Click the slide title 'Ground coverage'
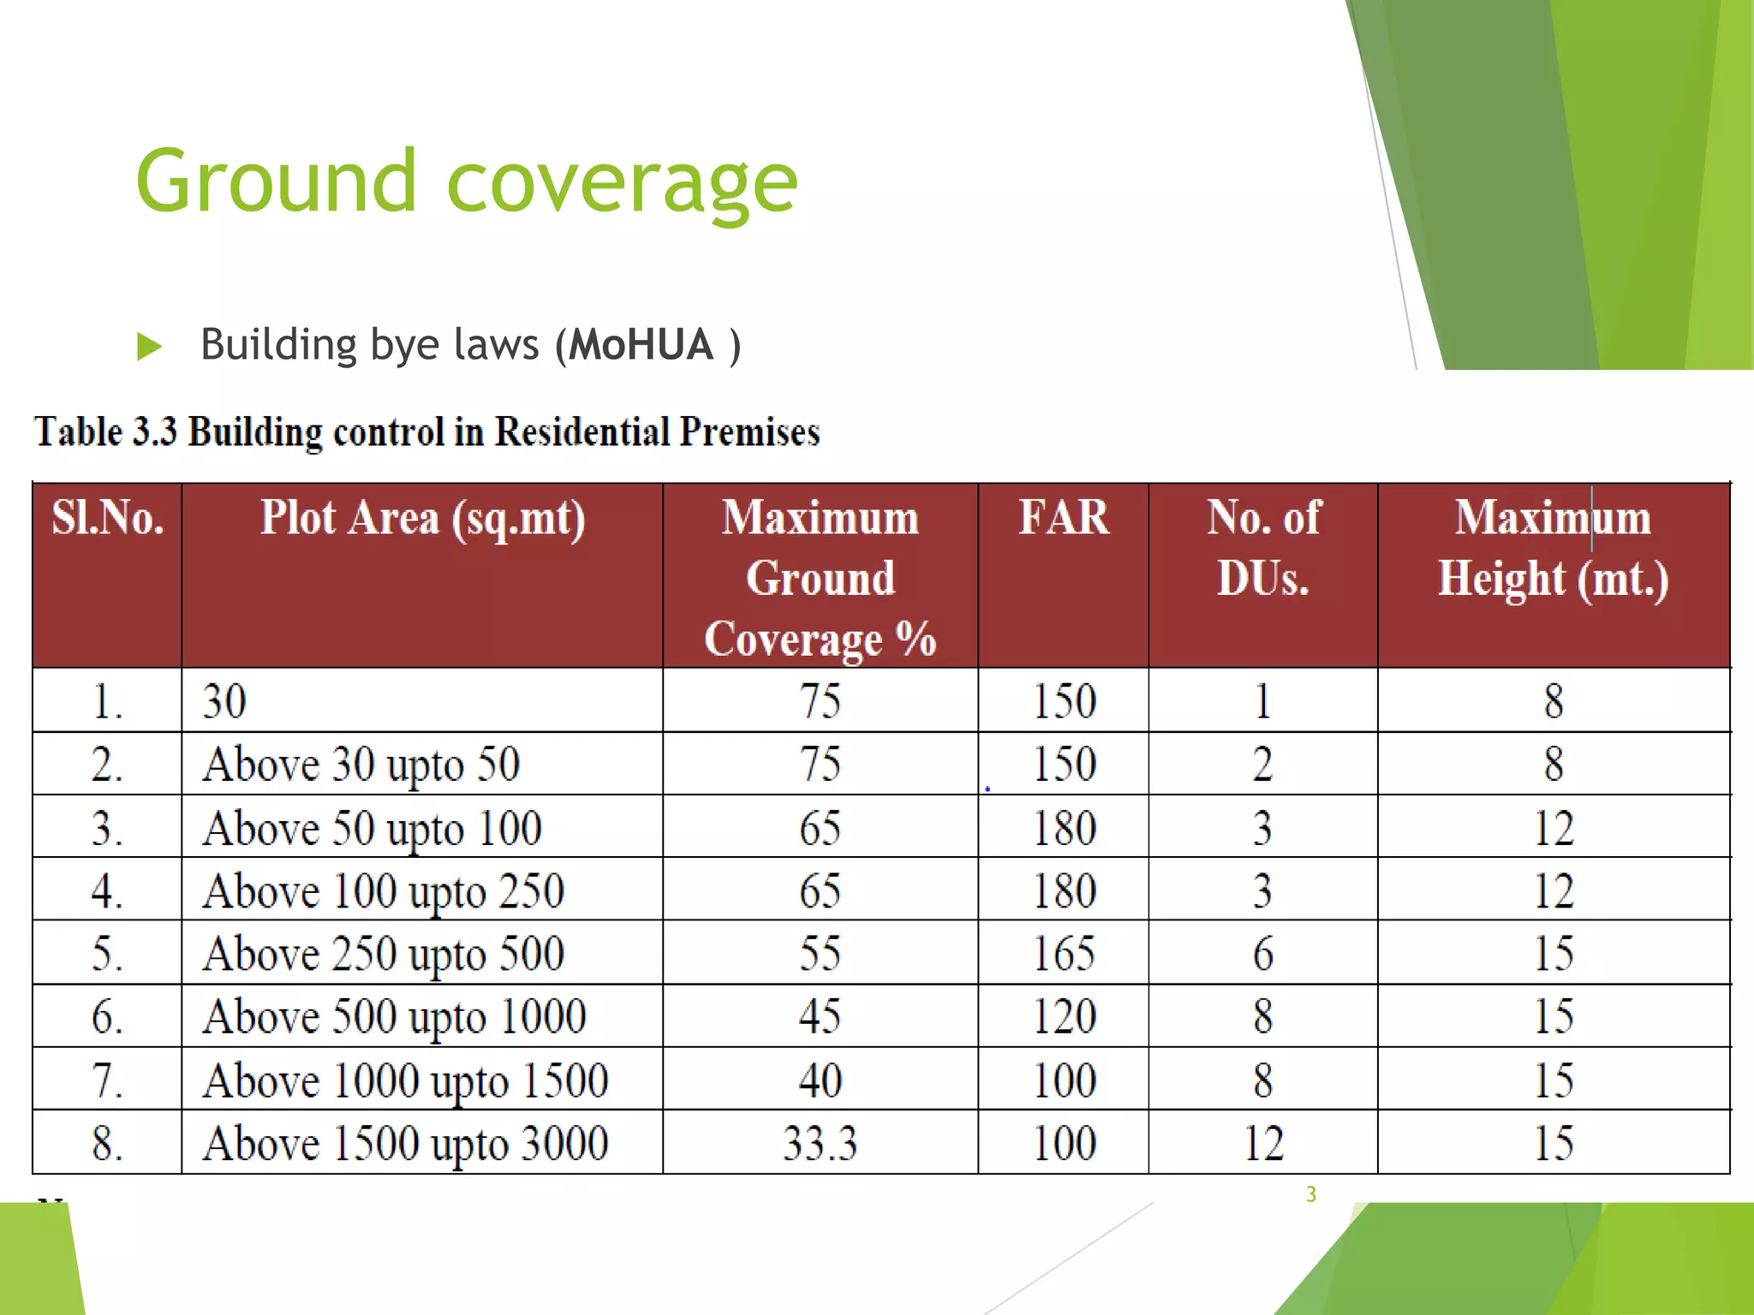[x=467, y=181]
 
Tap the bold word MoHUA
[x=641, y=345]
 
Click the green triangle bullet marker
[x=149, y=347]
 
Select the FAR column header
[x=1063, y=518]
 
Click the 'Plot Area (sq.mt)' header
[x=422, y=519]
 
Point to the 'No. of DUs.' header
[x=1263, y=548]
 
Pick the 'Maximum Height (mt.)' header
[x=1553, y=548]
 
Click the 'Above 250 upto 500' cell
[x=384, y=954]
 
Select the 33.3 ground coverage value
[x=820, y=1144]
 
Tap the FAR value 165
[x=1064, y=954]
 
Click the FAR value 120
[x=1064, y=1017]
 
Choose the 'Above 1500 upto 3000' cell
[x=405, y=1144]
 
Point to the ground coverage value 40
[x=820, y=1080]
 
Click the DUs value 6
[x=1263, y=954]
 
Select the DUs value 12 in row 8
[x=1263, y=1144]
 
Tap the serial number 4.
[x=106, y=891]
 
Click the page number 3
[x=1310, y=1194]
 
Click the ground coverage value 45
[x=820, y=1017]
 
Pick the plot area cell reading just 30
[x=224, y=701]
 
